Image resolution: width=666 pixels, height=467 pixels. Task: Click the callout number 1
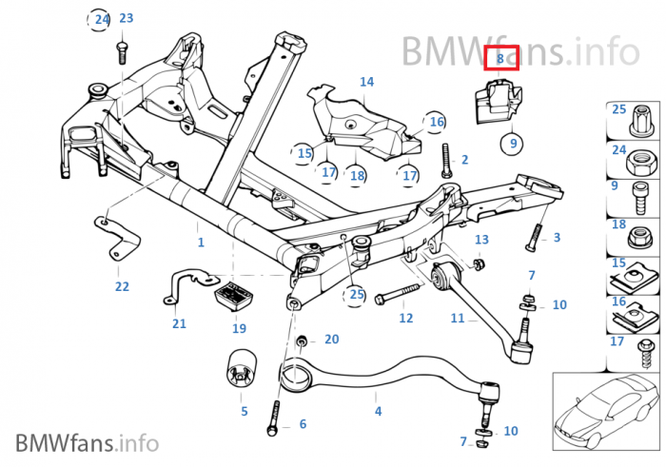[201, 243]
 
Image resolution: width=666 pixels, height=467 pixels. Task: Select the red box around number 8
[500, 59]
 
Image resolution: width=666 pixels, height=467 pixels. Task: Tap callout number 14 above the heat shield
[367, 83]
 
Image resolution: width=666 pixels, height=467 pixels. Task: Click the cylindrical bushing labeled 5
[241, 370]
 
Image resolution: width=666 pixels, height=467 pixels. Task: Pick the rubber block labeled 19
[234, 298]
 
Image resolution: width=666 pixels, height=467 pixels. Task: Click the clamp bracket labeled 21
[186, 286]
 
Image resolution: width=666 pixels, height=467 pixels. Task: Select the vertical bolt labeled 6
[276, 415]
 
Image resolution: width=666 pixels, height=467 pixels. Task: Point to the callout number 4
[378, 412]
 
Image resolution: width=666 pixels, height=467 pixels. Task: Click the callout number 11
[458, 319]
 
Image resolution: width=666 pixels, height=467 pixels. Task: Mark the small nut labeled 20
[302, 341]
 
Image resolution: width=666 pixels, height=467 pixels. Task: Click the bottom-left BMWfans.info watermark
[86, 442]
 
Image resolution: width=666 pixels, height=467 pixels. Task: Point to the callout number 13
[481, 240]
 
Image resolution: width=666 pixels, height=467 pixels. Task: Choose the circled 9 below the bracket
[513, 144]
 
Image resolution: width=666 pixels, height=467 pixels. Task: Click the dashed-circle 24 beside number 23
[100, 18]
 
